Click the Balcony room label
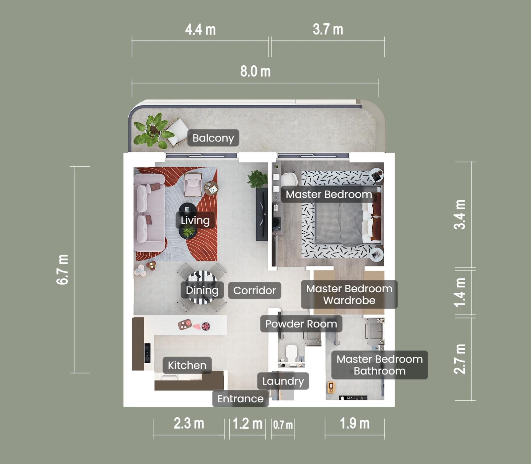(x=213, y=138)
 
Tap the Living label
(x=195, y=220)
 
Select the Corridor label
(x=255, y=291)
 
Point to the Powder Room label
(x=301, y=324)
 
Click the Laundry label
(x=283, y=381)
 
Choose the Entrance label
(x=240, y=399)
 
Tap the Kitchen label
(x=187, y=365)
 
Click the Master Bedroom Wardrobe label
(x=349, y=294)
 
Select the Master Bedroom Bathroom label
(x=379, y=365)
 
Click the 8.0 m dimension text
(x=255, y=72)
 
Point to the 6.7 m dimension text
(x=63, y=269)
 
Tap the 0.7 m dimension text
(x=283, y=425)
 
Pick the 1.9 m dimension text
(x=354, y=424)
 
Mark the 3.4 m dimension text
(x=460, y=214)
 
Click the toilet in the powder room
(x=291, y=353)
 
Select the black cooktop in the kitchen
(x=147, y=353)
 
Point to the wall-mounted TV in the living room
(x=262, y=214)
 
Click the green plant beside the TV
(x=257, y=179)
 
